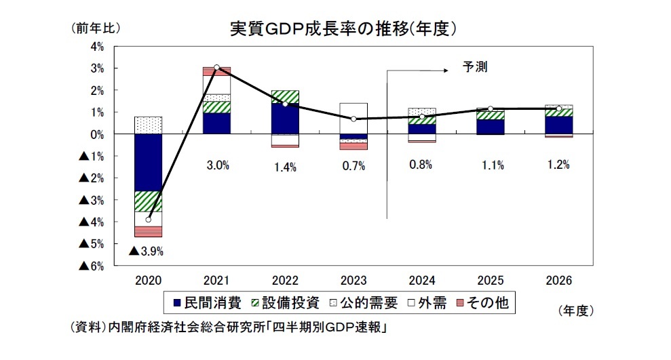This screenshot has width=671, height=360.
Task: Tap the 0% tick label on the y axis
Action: click(x=96, y=134)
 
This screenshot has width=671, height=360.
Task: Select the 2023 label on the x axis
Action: click(x=353, y=281)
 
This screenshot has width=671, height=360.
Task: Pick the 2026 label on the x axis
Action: click(x=558, y=281)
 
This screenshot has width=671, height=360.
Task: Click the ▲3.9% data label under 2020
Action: click(x=146, y=252)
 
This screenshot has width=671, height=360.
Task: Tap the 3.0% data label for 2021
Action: click(x=216, y=165)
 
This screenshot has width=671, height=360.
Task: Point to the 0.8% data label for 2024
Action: click(x=421, y=165)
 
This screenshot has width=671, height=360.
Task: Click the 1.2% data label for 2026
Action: click(x=558, y=165)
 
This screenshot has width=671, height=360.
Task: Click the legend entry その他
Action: click(x=485, y=303)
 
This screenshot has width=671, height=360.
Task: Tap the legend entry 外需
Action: click(x=427, y=303)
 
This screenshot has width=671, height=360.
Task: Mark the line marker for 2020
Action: click(x=148, y=220)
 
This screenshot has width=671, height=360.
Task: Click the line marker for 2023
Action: click(x=353, y=119)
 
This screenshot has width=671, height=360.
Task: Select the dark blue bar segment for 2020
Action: click(x=148, y=163)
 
